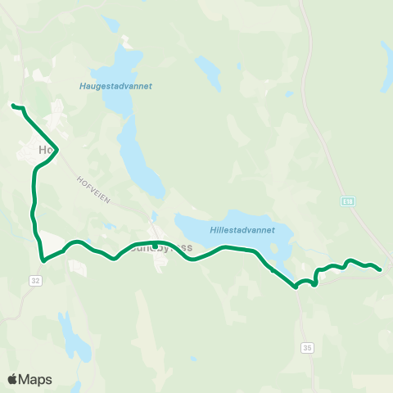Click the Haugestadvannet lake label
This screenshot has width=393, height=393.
(x=116, y=85)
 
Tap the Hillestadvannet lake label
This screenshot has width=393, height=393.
(x=242, y=231)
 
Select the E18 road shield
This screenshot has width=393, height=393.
(x=348, y=201)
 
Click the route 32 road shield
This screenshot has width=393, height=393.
(x=35, y=280)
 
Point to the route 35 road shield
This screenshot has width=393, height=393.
(x=307, y=348)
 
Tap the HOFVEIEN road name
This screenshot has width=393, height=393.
(x=93, y=188)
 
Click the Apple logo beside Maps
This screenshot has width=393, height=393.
(x=13, y=379)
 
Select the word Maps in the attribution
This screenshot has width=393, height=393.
(x=36, y=379)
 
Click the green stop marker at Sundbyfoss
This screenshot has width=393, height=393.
(x=155, y=245)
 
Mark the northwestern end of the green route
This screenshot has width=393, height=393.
(x=12, y=105)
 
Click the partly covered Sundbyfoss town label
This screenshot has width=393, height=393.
(x=167, y=246)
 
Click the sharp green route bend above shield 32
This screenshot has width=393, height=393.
(x=42, y=261)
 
